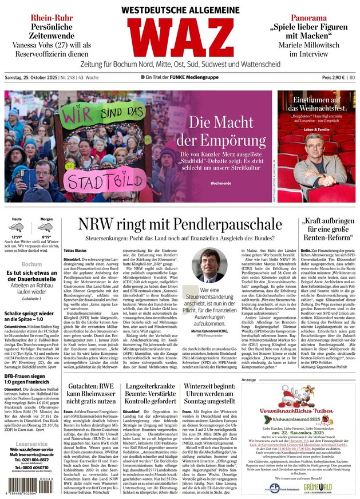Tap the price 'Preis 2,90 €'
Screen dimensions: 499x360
(334, 77)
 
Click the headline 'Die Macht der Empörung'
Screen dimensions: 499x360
(220, 130)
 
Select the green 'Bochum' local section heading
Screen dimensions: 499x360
(31, 264)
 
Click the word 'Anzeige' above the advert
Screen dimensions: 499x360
(248, 379)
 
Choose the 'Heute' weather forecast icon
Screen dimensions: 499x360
(17, 228)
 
